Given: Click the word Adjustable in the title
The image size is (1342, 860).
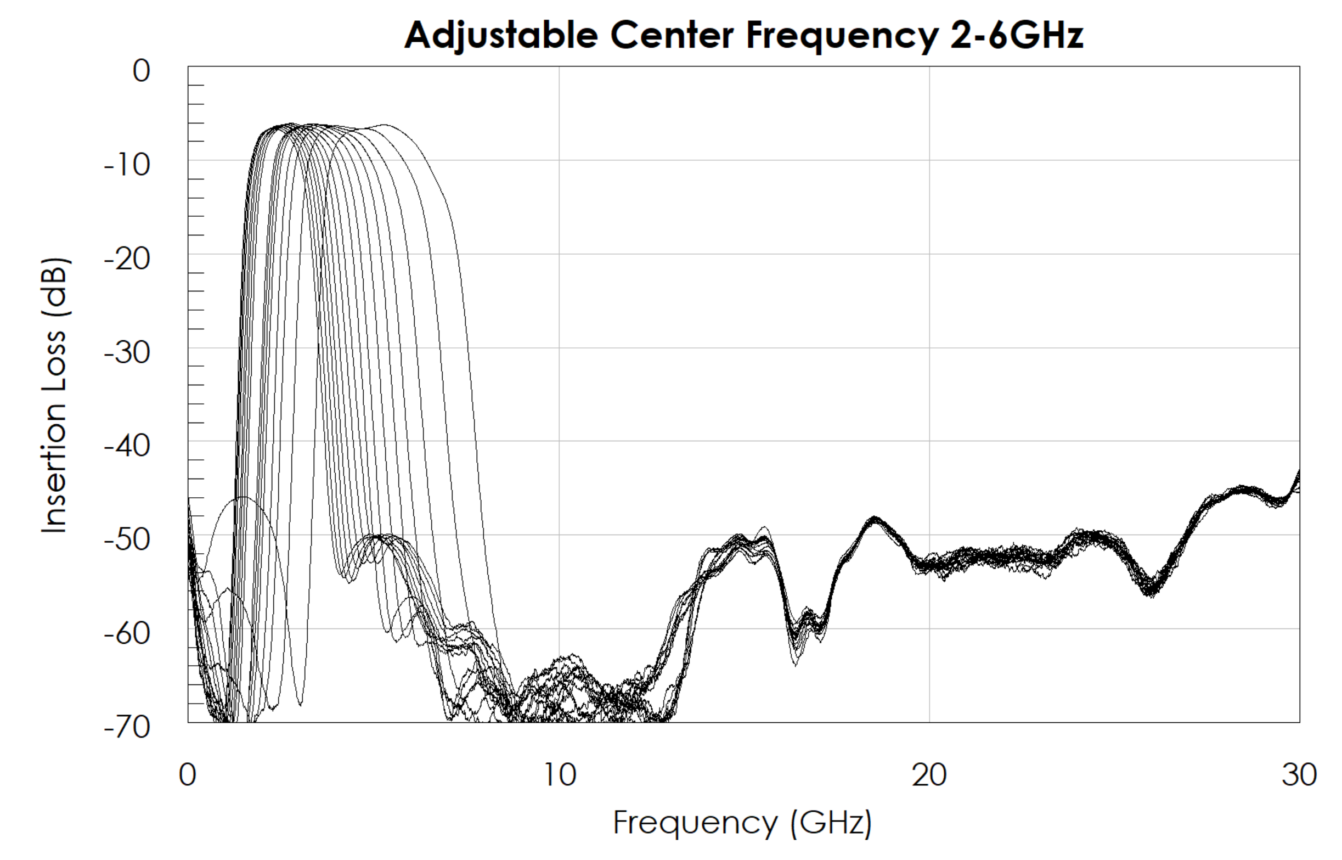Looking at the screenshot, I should [501, 36].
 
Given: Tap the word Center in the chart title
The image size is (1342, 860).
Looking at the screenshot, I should [672, 36].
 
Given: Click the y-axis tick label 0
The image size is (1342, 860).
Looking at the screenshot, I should [141, 71].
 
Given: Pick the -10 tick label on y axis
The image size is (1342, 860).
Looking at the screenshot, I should [127, 165].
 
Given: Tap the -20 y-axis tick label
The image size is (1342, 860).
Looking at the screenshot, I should [127, 259].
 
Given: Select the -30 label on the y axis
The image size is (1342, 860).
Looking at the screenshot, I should [127, 353].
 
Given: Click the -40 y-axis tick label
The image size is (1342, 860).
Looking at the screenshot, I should [127, 446].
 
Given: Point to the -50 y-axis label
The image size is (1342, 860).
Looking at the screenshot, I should [127, 540].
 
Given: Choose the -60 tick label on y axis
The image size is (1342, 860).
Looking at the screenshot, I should [127, 634].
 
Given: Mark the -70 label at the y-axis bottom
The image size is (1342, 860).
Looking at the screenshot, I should [127, 727].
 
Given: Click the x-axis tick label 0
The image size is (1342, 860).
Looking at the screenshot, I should [188, 775].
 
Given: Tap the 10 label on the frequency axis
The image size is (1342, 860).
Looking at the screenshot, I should [560, 775].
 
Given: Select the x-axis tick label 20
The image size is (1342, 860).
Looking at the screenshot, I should [929, 775].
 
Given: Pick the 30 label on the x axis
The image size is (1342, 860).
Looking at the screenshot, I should [1300, 775].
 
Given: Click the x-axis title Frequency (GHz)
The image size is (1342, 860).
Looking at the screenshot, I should [742, 823].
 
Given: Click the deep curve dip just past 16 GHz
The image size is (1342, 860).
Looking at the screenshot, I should [795, 659].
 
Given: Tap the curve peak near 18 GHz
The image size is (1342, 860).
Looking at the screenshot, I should [874, 519].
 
